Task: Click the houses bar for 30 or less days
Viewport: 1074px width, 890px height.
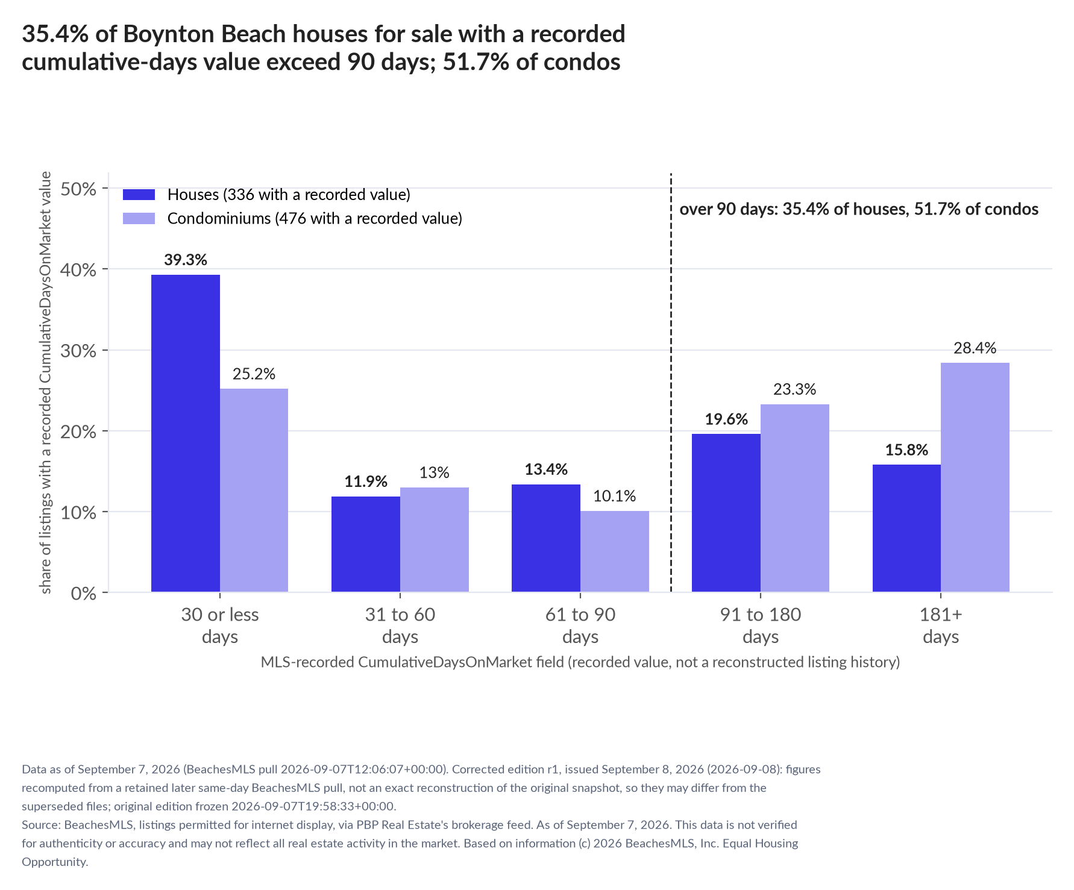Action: pyautogui.click(x=186, y=433)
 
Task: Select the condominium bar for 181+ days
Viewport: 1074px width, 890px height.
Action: pyautogui.click(x=975, y=477)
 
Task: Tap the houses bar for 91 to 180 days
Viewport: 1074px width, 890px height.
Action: pyautogui.click(x=726, y=513)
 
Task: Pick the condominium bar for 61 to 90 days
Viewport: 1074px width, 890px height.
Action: pyautogui.click(x=615, y=551)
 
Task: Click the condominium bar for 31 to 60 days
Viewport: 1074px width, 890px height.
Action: pyautogui.click(x=435, y=540)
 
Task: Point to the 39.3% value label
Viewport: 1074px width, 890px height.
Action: pyautogui.click(x=186, y=260)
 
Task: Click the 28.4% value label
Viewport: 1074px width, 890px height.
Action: pyautogui.click(x=975, y=348)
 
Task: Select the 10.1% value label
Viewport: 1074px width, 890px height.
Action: pyautogui.click(x=615, y=496)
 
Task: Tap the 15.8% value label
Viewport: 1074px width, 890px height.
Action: pyautogui.click(x=906, y=450)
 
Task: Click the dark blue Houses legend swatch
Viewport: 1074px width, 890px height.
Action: pyautogui.click(x=139, y=195)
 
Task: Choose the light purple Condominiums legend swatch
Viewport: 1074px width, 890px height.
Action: pyautogui.click(x=139, y=218)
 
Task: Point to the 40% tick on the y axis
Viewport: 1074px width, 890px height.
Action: pyautogui.click(x=105, y=269)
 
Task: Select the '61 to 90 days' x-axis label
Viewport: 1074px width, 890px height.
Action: pyautogui.click(x=580, y=625)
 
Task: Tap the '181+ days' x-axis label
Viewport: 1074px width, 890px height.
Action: pyautogui.click(x=941, y=625)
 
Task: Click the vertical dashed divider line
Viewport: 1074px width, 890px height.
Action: pyautogui.click(x=671, y=383)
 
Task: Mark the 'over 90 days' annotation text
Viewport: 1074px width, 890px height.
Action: pyautogui.click(x=859, y=209)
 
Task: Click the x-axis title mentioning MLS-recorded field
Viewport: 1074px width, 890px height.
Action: pyautogui.click(x=580, y=662)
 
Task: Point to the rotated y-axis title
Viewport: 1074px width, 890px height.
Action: pyautogui.click(x=46, y=383)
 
